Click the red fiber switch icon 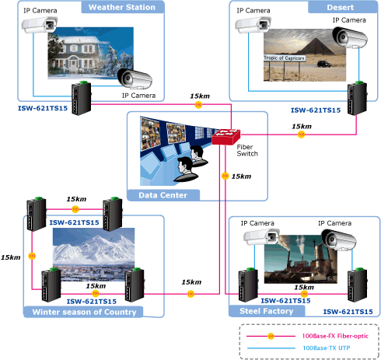(226, 137)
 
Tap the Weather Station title (122, 7)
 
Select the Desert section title (340, 7)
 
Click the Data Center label (163, 195)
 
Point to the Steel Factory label (267, 311)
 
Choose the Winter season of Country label (84, 312)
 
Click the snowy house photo (91, 53)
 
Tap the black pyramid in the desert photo (316, 46)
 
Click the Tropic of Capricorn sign (284, 58)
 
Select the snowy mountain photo (94, 254)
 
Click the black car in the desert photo (323, 64)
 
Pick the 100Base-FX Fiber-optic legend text (335, 336)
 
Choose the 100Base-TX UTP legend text (327, 348)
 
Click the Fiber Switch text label (247, 150)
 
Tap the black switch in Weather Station (82, 98)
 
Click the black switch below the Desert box (357, 98)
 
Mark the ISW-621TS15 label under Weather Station (43, 108)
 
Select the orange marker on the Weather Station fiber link (198, 105)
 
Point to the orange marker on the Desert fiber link (301, 135)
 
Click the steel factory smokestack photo (301, 259)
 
